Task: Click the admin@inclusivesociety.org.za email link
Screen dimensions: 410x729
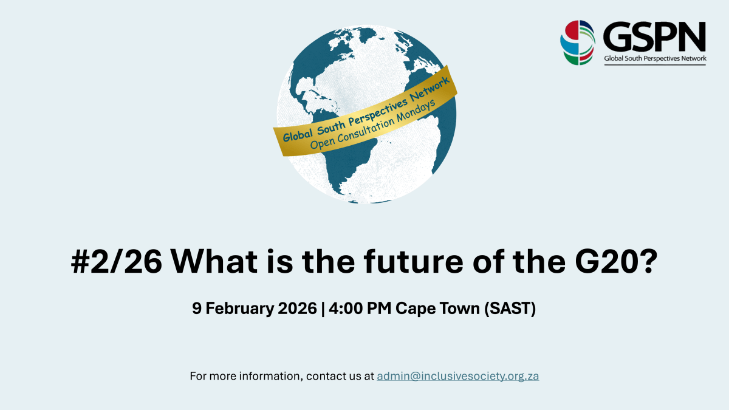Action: (x=457, y=376)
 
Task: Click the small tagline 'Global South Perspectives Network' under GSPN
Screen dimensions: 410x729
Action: (x=654, y=59)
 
